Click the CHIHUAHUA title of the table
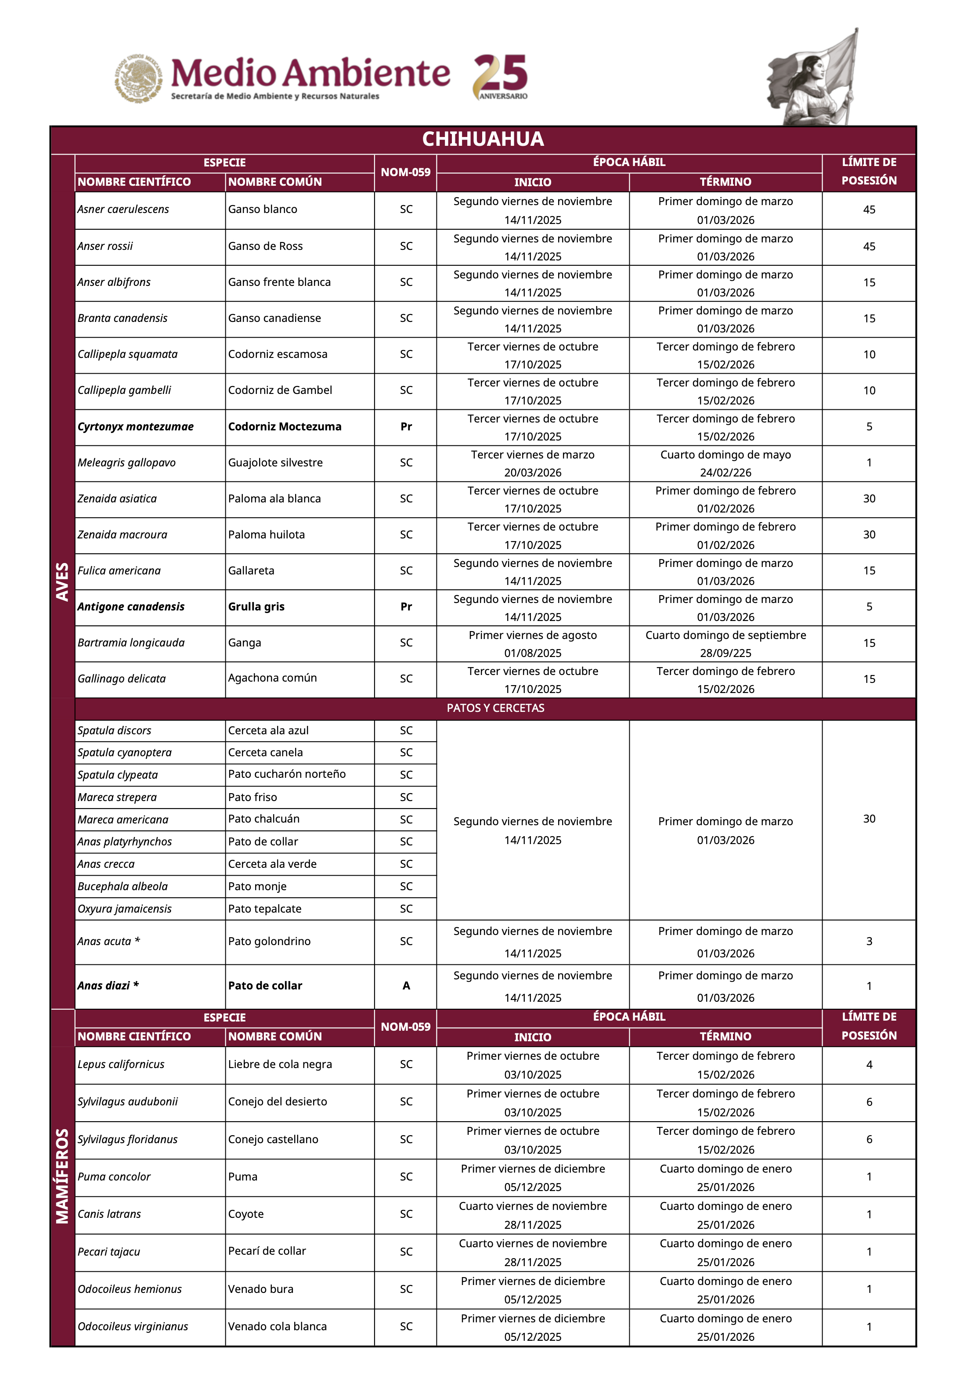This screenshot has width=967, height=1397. click(483, 139)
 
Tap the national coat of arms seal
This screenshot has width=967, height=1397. click(139, 78)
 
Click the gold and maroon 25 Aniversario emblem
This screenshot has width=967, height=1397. click(501, 76)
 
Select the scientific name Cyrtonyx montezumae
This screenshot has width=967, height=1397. click(136, 426)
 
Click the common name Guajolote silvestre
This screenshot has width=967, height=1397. click(275, 463)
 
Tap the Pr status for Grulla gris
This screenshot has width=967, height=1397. click(406, 606)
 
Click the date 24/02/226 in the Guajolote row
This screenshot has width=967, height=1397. click(725, 473)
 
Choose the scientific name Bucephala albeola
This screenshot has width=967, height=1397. click(123, 886)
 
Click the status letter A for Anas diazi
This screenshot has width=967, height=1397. click(406, 985)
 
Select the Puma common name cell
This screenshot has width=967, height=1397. click(243, 1177)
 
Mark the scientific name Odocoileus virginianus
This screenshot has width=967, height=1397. click(133, 1326)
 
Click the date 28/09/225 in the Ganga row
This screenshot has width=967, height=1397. click(725, 653)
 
